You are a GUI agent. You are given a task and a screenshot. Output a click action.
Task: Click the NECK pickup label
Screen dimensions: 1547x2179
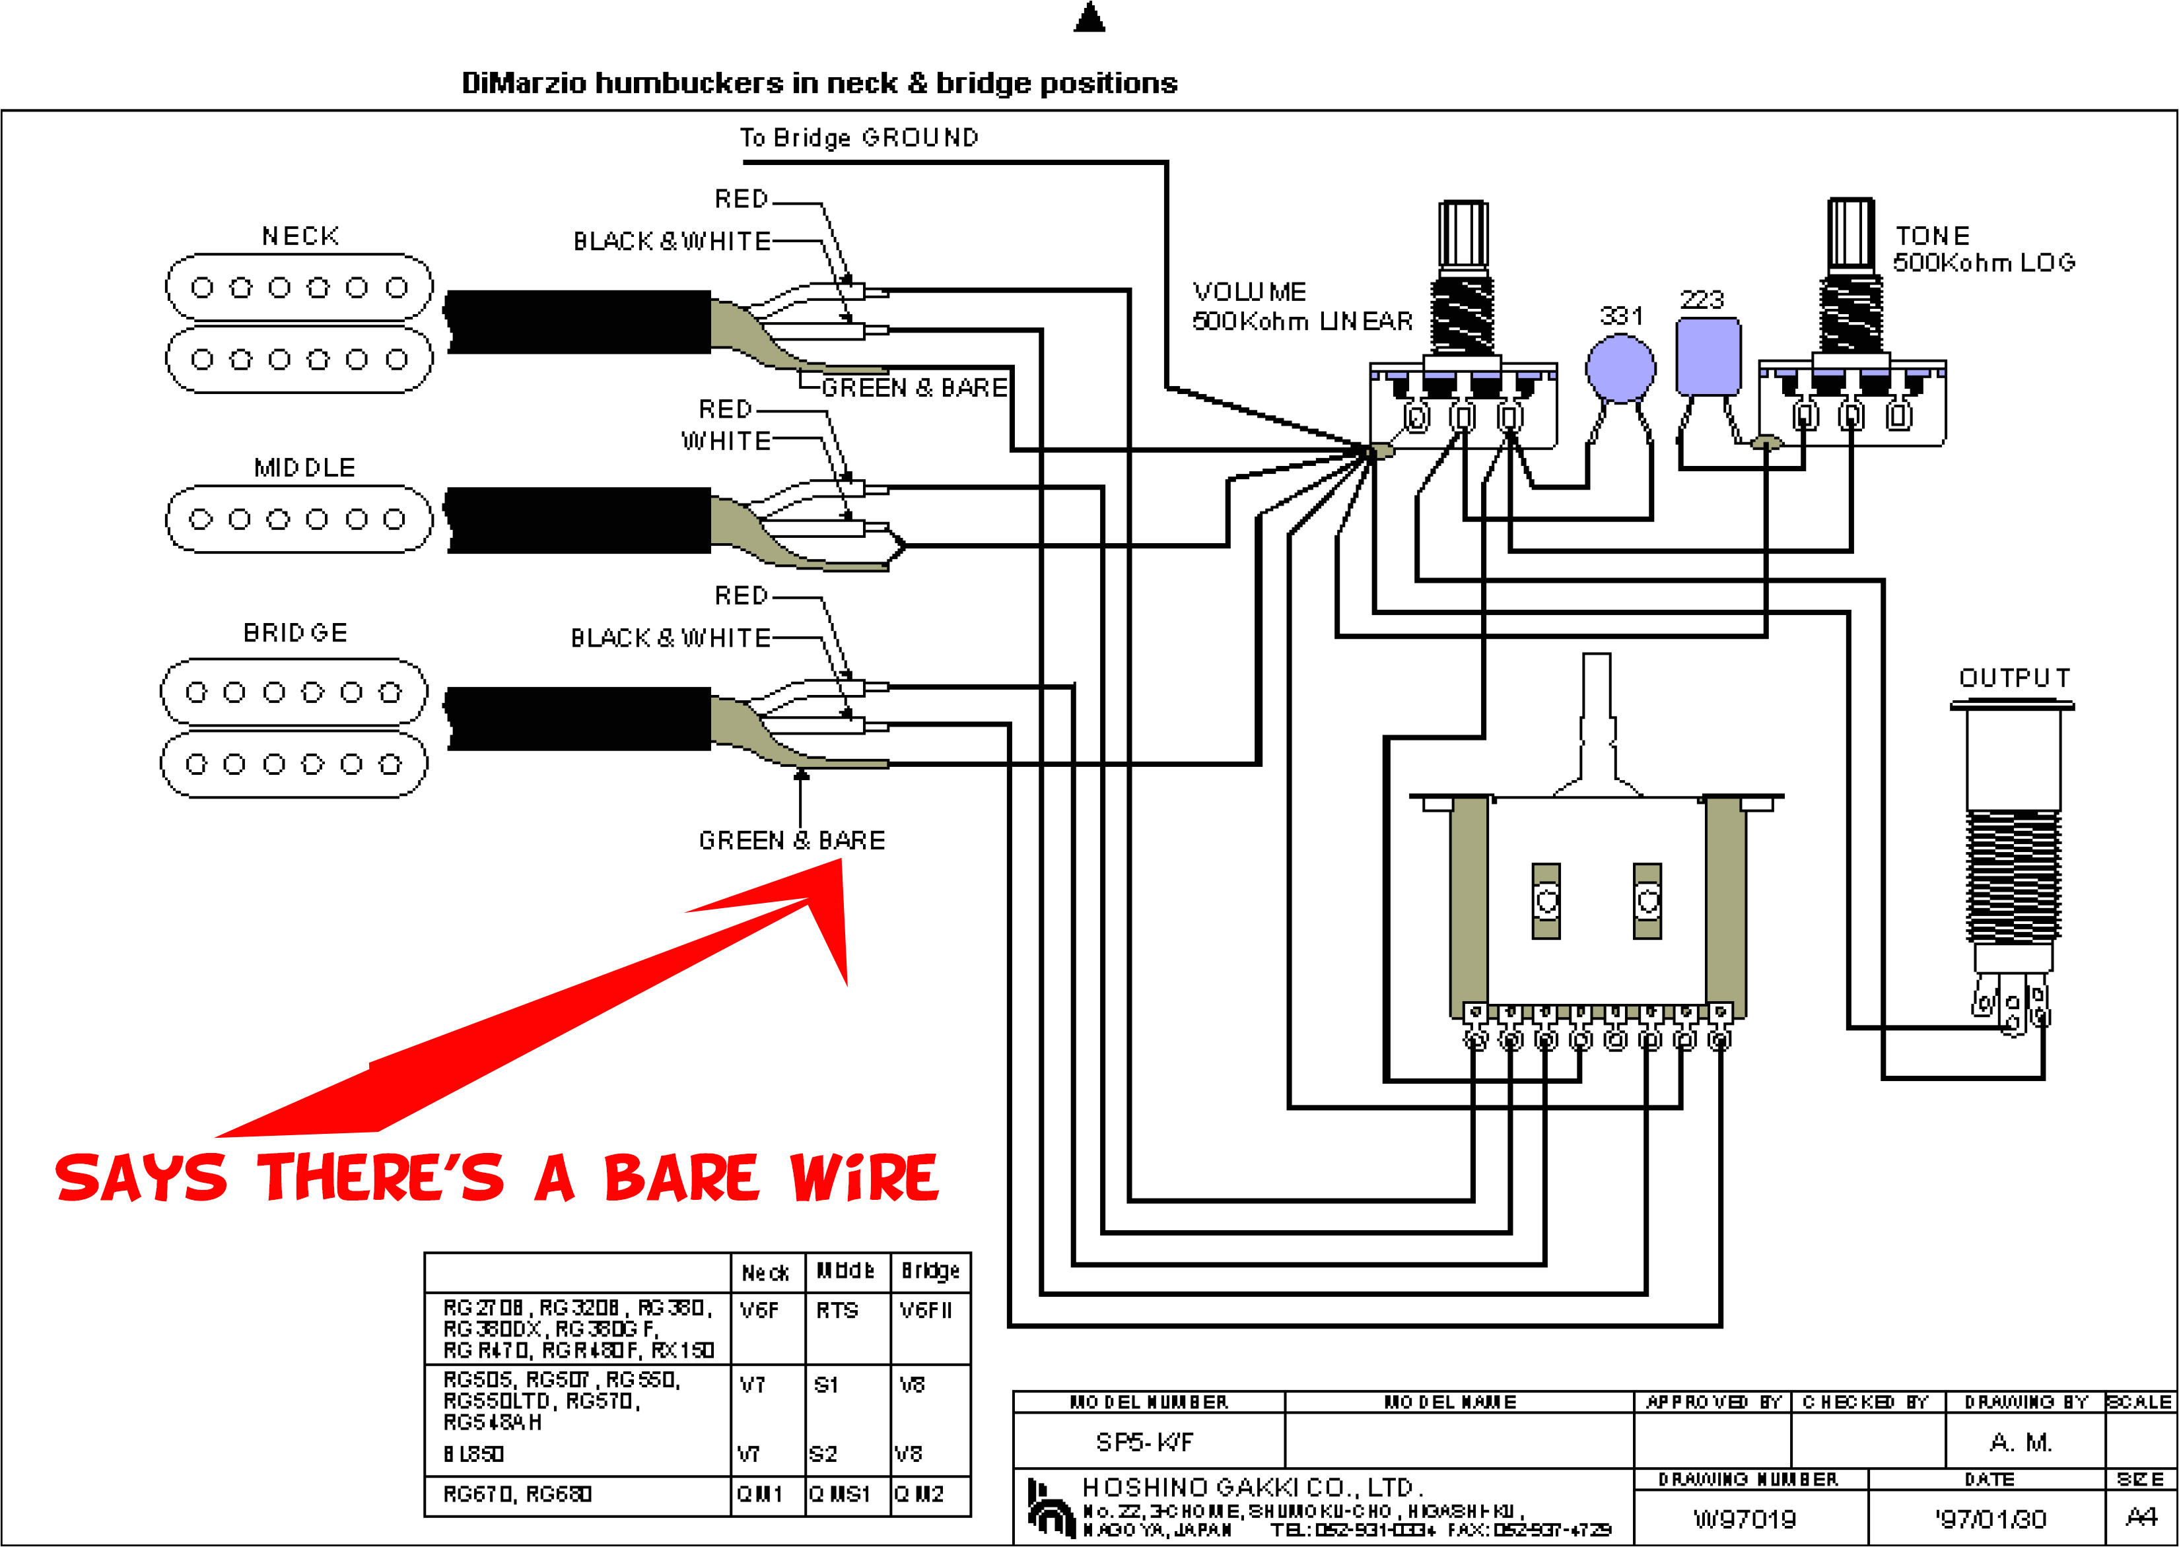300,236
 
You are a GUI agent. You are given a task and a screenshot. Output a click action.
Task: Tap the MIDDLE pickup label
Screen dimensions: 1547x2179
304,468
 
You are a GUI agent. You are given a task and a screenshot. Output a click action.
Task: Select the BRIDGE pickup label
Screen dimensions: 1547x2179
295,632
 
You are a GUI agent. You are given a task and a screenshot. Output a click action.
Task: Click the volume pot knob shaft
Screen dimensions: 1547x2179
1463,234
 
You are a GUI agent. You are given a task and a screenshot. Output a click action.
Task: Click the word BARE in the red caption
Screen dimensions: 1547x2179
680,1177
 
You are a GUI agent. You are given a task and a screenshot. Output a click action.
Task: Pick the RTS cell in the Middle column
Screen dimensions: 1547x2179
837,1311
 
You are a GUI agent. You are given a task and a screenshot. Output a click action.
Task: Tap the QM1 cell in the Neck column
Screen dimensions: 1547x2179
759,1494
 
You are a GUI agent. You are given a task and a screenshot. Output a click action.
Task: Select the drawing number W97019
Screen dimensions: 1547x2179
1744,1519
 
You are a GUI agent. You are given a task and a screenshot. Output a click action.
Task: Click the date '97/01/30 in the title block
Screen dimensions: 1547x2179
1989,1519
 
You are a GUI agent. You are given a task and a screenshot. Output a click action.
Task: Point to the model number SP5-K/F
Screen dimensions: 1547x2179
1144,1442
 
